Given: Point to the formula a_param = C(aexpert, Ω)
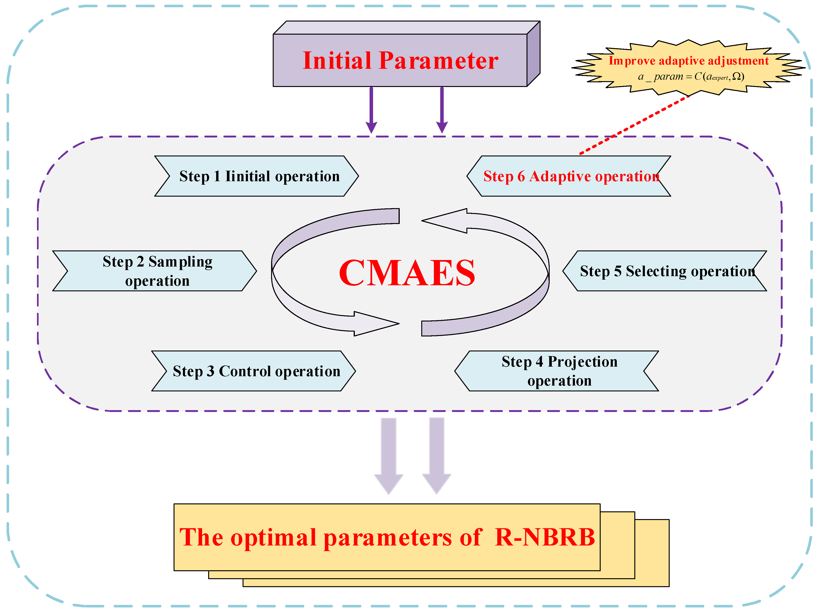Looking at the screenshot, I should (x=690, y=76).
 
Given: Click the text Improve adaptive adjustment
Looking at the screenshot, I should (x=689, y=61).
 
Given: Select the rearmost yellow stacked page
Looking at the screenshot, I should (x=653, y=553).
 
